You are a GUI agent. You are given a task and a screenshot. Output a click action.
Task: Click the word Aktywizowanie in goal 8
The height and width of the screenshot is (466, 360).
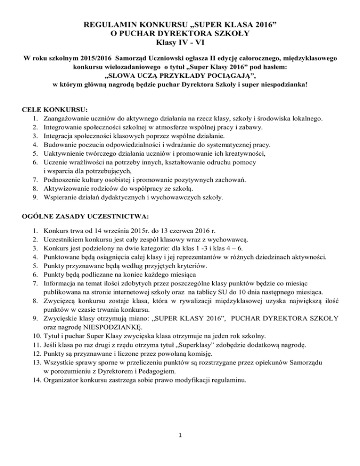point(65,189)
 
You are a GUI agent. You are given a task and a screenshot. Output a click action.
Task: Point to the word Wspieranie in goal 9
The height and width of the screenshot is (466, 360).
point(60,197)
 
